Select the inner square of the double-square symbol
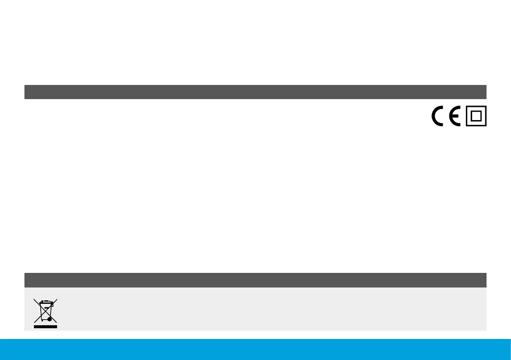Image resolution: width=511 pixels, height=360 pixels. point(476,117)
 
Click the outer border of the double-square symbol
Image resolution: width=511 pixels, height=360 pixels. point(467,117)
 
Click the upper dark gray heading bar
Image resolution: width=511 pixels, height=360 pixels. point(255,92)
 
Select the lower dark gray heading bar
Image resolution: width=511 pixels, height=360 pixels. point(255,280)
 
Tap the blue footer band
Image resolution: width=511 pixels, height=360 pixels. point(255,349)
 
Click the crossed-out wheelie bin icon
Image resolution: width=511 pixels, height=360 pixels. point(45,312)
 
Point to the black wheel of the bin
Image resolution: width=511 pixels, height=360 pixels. point(50,319)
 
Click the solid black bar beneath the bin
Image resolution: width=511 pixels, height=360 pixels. point(45,327)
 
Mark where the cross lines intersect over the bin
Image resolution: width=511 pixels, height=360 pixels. point(45,311)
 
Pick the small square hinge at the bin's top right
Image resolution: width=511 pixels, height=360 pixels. point(52,305)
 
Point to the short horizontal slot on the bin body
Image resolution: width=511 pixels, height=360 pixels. point(46,308)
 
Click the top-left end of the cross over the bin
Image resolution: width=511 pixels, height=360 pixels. point(34,299)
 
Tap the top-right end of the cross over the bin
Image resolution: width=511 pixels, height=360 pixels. point(57,299)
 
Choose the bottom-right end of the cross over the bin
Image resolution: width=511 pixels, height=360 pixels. point(57,322)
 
